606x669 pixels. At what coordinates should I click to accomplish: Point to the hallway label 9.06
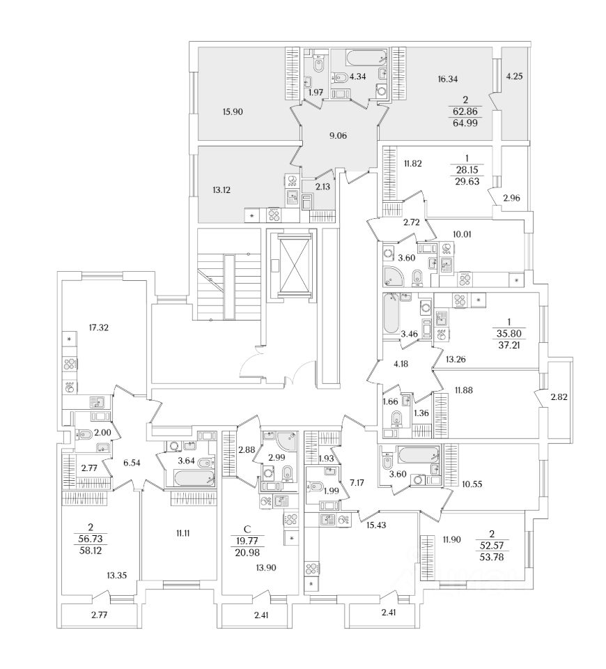click(x=341, y=137)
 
